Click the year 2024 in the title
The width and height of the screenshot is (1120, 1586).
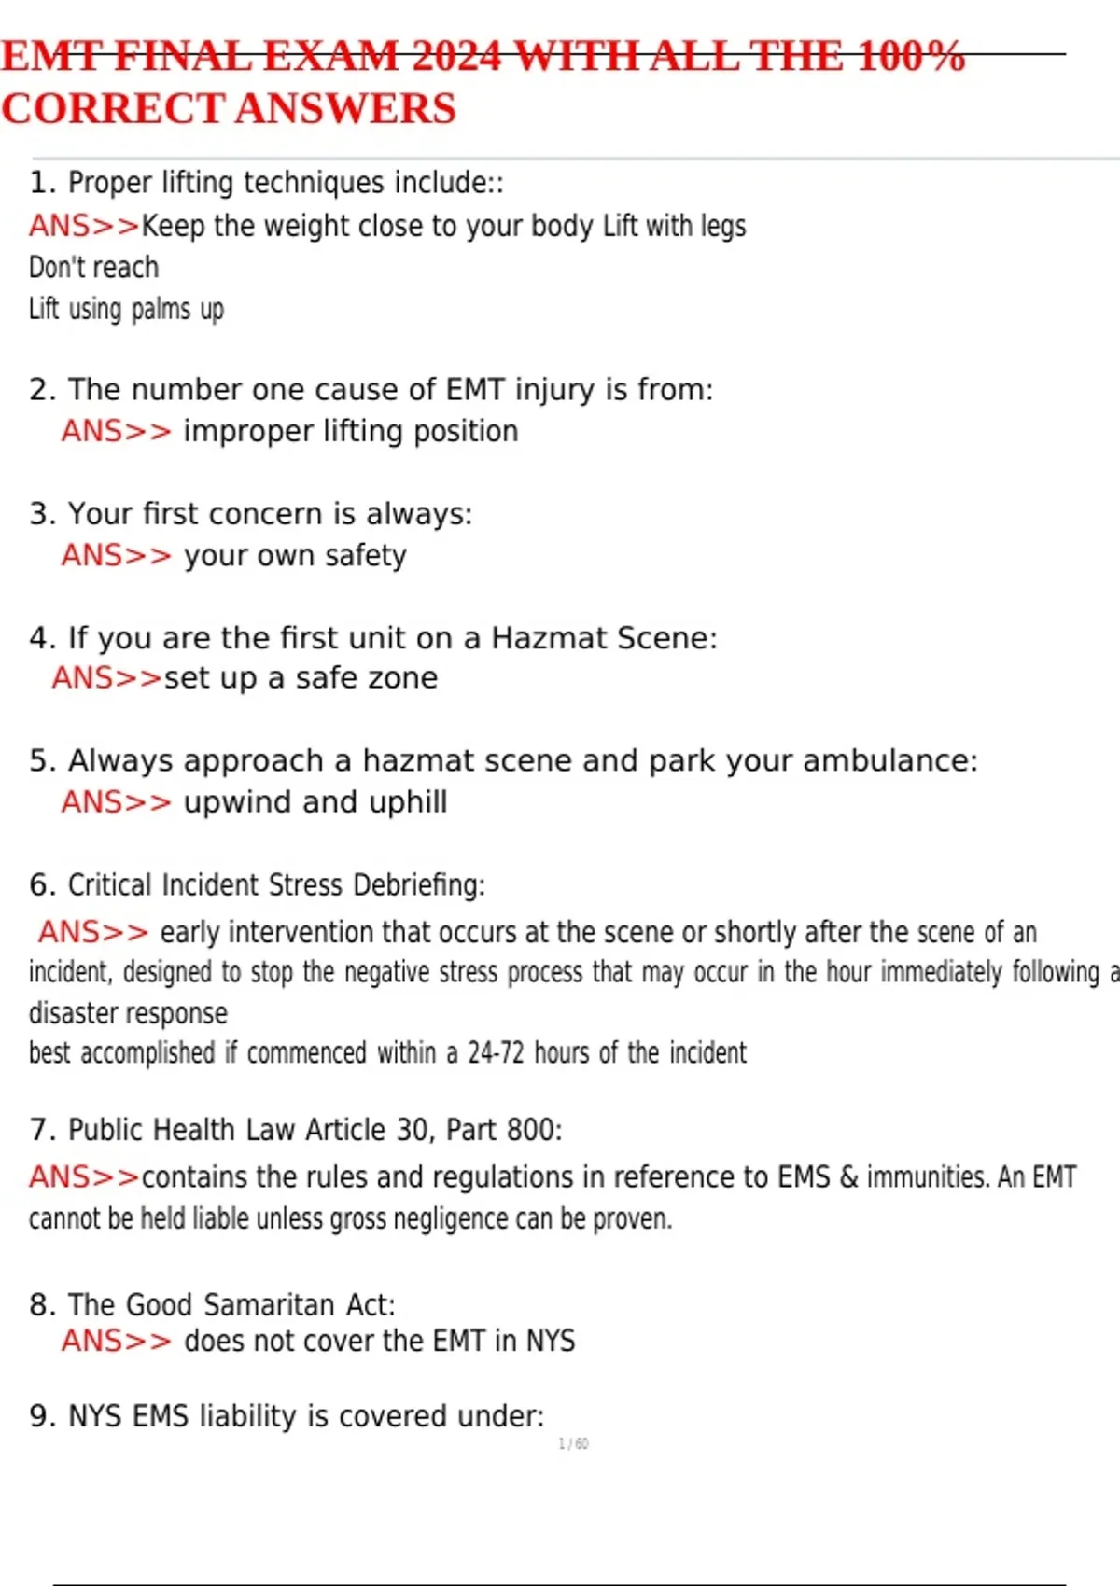pos(455,56)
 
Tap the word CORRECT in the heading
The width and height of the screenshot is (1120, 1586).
pos(113,108)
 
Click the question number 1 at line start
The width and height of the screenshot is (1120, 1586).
pos(38,182)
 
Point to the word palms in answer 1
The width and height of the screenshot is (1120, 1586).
pos(161,309)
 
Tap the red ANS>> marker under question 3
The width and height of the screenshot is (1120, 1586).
pos(117,555)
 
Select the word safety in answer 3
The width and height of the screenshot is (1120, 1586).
pos(366,555)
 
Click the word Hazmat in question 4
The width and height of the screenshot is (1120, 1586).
pos(545,638)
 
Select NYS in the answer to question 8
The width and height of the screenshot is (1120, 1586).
pos(550,1341)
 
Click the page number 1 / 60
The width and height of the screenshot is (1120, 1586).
pos(573,1444)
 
